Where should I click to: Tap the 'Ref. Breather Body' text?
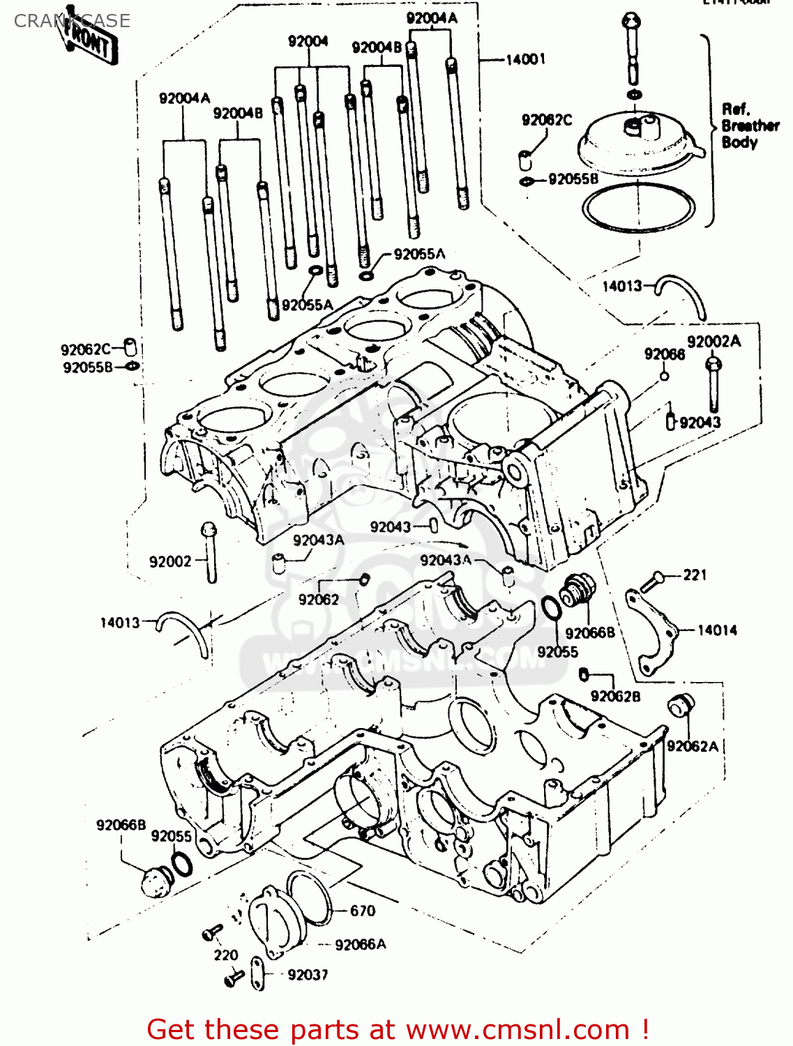pyautogui.click(x=749, y=126)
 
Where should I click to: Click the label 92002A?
pyautogui.click(x=713, y=342)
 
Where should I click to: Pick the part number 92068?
pyautogui.click(x=664, y=355)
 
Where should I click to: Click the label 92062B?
pyautogui.click(x=614, y=696)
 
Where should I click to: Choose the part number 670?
pyautogui.click(x=362, y=911)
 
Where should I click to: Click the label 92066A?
pyautogui.click(x=360, y=945)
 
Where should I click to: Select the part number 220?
pyautogui.click(x=225, y=955)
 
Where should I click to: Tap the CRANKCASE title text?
pyautogui.click(x=72, y=21)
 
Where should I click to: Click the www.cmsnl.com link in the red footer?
pyautogui.click(x=518, y=1030)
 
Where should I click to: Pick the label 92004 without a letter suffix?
pyautogui.click(x=308, y=42)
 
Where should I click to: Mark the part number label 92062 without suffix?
pyautogui.click(x=318, y=600)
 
